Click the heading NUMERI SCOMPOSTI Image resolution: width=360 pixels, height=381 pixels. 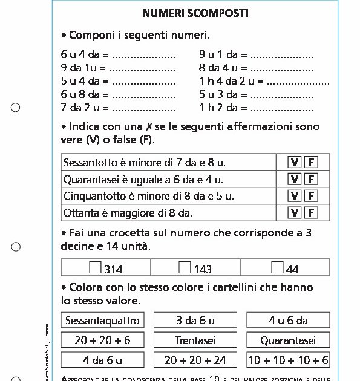(x=187, y=13)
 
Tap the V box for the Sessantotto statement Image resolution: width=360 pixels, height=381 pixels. (x=295, y=162)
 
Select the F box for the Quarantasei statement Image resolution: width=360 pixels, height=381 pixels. (x=311, y=179)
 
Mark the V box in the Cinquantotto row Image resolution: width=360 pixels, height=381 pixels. (x=295, y=196)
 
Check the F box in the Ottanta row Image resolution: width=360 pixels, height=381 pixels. (x=311, y=212)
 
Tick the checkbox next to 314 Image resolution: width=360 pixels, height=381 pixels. (x=95, y=267)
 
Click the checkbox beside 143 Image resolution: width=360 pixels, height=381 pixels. (x=185, y=267)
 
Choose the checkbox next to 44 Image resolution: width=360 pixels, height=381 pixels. (x=277, y=267)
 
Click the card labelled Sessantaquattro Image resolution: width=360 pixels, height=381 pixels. (x=102, y=321)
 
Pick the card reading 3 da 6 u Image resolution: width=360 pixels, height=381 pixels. (x=195, y=321)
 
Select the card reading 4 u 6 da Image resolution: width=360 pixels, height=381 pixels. (x=288, y=321)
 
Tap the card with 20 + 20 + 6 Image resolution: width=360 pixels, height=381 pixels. (x=102, y=340)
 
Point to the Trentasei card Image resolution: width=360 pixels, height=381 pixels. (x=195, y=340)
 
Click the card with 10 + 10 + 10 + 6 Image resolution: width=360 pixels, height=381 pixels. (x=288, y=360)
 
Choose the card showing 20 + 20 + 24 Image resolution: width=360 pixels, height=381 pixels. (x=195, y=360)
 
